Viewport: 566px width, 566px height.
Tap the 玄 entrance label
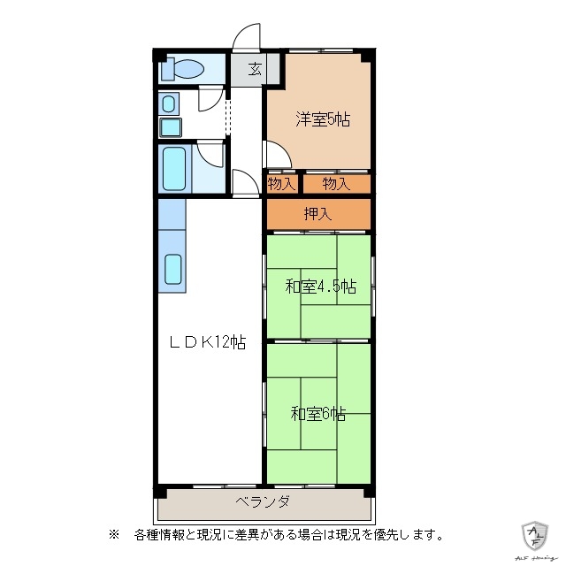pos(254,69)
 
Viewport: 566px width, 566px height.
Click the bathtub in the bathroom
pos(174,168)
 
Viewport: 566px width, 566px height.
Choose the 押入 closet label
pos(317,213)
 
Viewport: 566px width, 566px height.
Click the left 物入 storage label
pos(281,184)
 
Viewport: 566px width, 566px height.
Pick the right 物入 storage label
pos(336,184)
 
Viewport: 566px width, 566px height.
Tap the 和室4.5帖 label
pos(320,287)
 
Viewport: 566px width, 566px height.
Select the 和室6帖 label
pos(318,413)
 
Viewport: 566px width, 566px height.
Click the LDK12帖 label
pos(208,342)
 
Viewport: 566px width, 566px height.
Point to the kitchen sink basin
pos(172,269)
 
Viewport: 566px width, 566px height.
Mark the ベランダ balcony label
pos(263,502)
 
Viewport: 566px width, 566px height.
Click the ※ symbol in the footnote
pos(113,534)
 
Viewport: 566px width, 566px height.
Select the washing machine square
pos(169,126)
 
